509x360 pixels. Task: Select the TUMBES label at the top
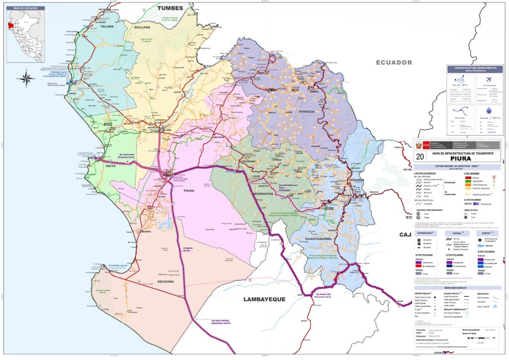(170, 8)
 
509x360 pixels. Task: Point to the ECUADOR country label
(394, 62)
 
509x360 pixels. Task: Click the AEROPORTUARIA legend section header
(430, 233)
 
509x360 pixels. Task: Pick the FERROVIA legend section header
(458, 233)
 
